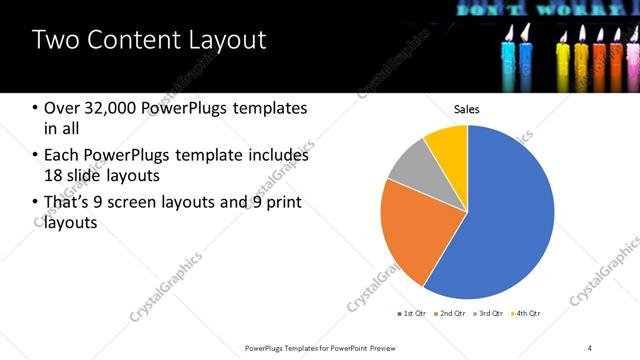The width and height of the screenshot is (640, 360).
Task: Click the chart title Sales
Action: coord(467,108)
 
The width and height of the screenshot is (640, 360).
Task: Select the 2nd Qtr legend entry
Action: coord(451,314)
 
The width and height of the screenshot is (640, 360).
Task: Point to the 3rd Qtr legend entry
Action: coord(489,314)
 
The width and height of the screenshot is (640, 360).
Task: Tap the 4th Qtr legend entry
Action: coord(526,314)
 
